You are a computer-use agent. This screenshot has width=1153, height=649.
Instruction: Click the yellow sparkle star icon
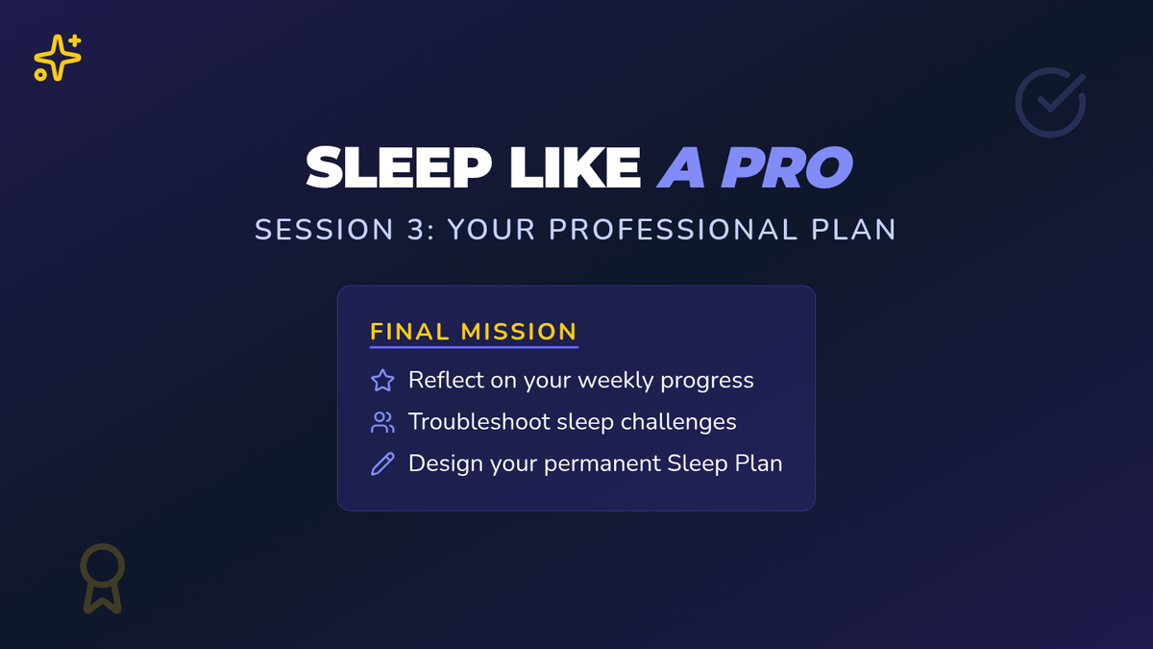[x=58, y=58]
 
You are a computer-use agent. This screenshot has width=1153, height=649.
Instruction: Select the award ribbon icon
[x=103, y=578]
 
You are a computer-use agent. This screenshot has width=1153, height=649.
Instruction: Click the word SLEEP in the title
[x=399, y=167]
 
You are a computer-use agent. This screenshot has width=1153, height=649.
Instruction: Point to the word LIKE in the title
[x=576, y=167]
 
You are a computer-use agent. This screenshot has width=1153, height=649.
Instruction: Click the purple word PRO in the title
[x=787, y=167]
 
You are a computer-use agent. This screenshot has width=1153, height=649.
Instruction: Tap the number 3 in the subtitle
[x=417, y=229]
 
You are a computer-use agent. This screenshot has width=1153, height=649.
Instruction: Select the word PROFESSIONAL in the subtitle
[x=674, y=229]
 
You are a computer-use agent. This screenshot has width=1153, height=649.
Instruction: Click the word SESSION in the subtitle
[x=325, y=229]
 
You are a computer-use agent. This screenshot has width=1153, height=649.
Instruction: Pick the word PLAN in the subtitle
[x=854, y=229]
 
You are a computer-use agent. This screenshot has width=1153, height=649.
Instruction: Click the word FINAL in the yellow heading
[x=409, y=332]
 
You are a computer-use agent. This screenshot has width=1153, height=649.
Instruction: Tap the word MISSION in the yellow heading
[x=519, y=332]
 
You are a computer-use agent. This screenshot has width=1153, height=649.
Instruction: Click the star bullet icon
[x=382, y=381]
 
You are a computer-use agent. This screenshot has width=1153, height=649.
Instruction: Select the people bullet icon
[x=382, y=422]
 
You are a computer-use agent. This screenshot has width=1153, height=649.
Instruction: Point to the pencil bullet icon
[x=382, y=463]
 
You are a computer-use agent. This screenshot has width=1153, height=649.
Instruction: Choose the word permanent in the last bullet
[x=602, y=463]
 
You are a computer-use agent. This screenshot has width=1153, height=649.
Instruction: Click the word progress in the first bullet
[x=707, y=381]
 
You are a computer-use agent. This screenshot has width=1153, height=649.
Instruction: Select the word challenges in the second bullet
[x=678, y=422]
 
